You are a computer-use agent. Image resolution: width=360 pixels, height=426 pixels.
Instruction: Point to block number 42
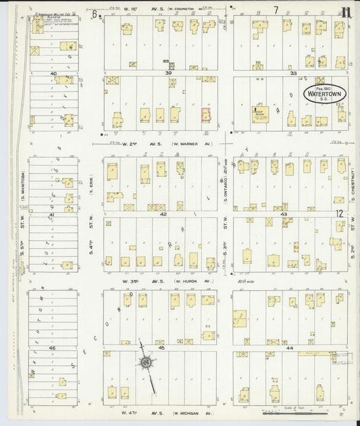click(x=163, y=213)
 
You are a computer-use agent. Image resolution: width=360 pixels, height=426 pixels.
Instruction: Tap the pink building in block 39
click(x=205, y=114)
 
